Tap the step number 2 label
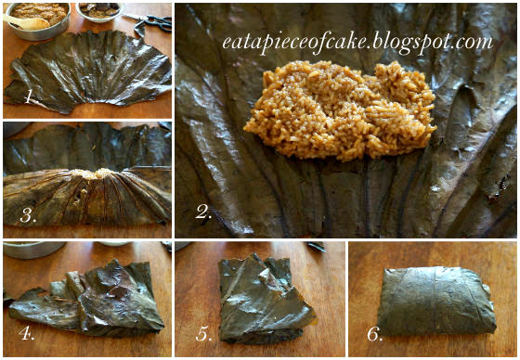point(203,212)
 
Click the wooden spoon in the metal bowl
point(26,22)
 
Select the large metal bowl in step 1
point(38,20)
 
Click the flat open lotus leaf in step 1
point(88,71)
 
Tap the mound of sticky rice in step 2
point(340,109)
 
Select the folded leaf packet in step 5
point(264,299)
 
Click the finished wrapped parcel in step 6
point(436,301)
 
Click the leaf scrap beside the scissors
point(139,29)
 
